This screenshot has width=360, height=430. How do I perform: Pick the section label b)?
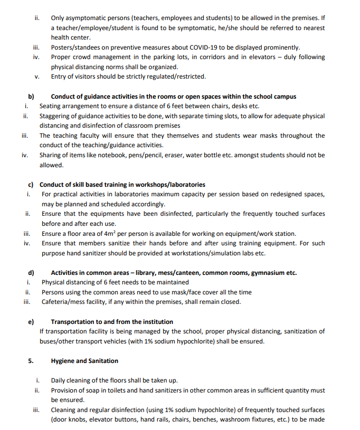[x=31, y=97]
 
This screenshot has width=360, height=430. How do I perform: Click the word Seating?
[x=51, y=106]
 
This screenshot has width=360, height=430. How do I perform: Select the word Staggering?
[x=57, y=116]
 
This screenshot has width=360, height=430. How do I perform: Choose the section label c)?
[x=31, y=185]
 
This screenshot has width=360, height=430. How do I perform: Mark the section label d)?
[x=31, y=273]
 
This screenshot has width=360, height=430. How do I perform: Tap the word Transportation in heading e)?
[x=74, y=322]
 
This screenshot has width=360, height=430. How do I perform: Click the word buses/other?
[x=58, y=341]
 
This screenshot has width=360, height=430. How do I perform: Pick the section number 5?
[x=31, y=361]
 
